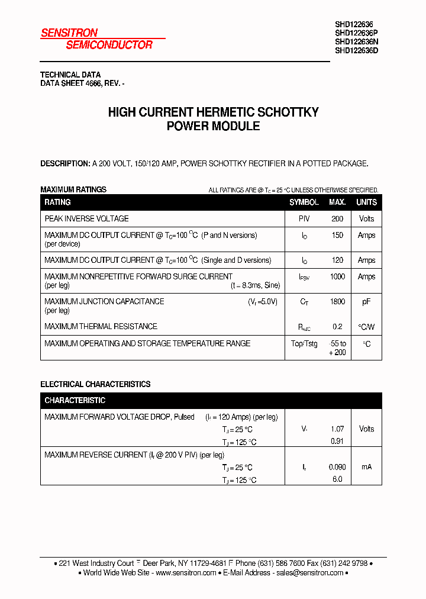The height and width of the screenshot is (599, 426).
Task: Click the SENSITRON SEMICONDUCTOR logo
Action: point(96,38)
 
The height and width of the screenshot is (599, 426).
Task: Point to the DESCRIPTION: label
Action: point(65,163)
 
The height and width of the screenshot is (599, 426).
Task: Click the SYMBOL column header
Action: point(304,202)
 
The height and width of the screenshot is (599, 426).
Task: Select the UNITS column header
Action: point(366,202)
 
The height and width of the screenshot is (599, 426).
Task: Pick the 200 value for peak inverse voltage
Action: point(337,219)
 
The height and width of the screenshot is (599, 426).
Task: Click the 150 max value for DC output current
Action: point(337,236)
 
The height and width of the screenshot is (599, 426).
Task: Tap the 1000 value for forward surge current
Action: point(337,277)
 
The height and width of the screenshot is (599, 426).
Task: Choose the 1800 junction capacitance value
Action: point(337,302)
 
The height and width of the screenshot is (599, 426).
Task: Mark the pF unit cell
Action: point(366,302)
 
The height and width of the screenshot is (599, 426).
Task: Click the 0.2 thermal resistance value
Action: point(337,327)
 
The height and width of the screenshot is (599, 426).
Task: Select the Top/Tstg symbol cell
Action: point(304,344)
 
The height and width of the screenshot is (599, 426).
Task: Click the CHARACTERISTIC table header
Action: point(75,401)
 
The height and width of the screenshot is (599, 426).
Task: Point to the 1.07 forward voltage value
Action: point(337,429)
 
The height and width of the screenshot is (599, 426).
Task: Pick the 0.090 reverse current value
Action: point(337,467)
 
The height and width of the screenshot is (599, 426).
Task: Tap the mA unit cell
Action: point(366,467)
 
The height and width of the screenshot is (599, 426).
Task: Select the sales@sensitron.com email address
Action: point(310,573)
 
